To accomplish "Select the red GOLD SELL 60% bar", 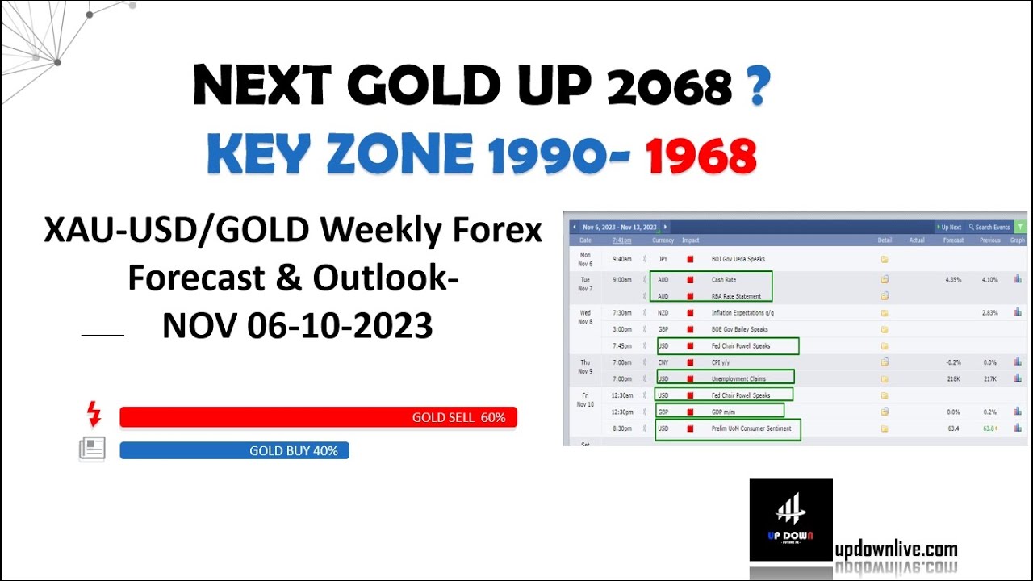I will tap(318, 417).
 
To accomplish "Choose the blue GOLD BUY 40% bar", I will tap(234, 450).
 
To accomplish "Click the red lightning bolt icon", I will tap(94, 414).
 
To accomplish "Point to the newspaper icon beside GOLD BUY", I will tap(92, 449).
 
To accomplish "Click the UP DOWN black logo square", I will tap(790, 519).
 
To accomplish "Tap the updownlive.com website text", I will tap(896, 550).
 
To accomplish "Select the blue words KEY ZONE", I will tap(340, 155).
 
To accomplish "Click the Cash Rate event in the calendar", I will tap(723, 280).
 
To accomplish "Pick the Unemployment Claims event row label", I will tap(738, 378).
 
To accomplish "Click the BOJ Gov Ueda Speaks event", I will tap(738, 259).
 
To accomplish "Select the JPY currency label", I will tap(663, 259).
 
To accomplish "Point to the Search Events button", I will tap(989, 228).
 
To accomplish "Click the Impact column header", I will tap(690, 240).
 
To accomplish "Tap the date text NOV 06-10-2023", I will tap(297, 326).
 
